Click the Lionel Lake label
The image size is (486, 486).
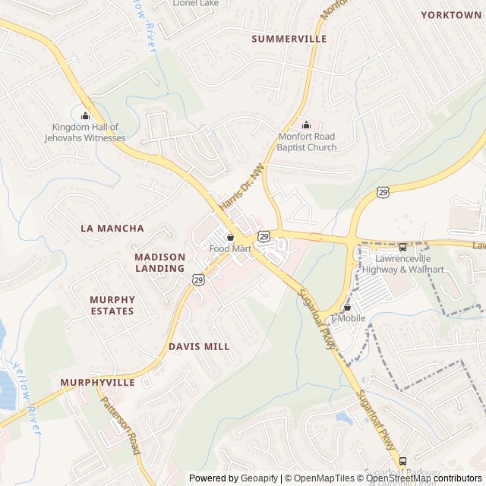tap(196, 3)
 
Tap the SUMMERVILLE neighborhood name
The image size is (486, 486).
tap(289, 39)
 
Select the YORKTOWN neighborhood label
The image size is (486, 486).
tap(451, 15)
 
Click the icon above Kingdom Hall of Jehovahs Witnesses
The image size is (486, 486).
tap(85, 115)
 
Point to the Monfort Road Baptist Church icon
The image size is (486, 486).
tap(306, 125)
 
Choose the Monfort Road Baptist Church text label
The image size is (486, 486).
tap(306, 142)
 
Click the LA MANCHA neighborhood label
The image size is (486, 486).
tap(112, 228)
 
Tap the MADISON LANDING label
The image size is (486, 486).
tap(159, 263)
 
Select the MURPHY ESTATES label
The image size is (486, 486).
tap(112, 305)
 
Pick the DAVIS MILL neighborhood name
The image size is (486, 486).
tap(199, 346)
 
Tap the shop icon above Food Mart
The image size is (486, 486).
tap(230, 237)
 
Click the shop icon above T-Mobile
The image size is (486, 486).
tap(348, 307)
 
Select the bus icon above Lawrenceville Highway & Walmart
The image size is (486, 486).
tap(402, 247)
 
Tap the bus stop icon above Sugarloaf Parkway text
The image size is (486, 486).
tap(402, 461)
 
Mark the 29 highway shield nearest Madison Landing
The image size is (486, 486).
tap(197, 280)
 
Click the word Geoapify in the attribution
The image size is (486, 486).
tap(260, 478)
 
